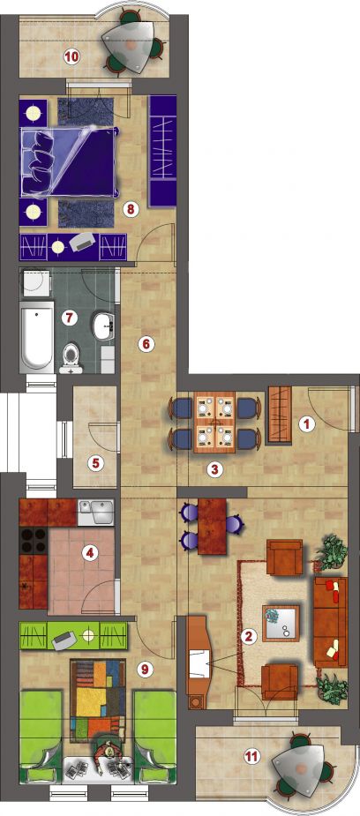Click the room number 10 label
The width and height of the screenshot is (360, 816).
[71, 56]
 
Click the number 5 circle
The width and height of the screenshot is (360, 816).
[94, 463]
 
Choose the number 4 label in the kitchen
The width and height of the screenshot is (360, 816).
[90, 553]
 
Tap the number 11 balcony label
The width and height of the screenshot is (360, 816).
[251, 756]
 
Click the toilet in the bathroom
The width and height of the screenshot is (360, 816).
[71, 358]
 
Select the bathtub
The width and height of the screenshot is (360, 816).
[36, 337]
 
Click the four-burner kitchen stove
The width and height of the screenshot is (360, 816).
[33, 540]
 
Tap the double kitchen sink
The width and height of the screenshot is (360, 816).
[95, 513]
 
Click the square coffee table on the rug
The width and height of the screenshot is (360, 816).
[281, 623]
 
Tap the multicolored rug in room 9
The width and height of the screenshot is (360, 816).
[98, 697]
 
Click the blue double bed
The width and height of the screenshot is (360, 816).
[67, 161]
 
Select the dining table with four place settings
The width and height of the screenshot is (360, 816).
[214, 422]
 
